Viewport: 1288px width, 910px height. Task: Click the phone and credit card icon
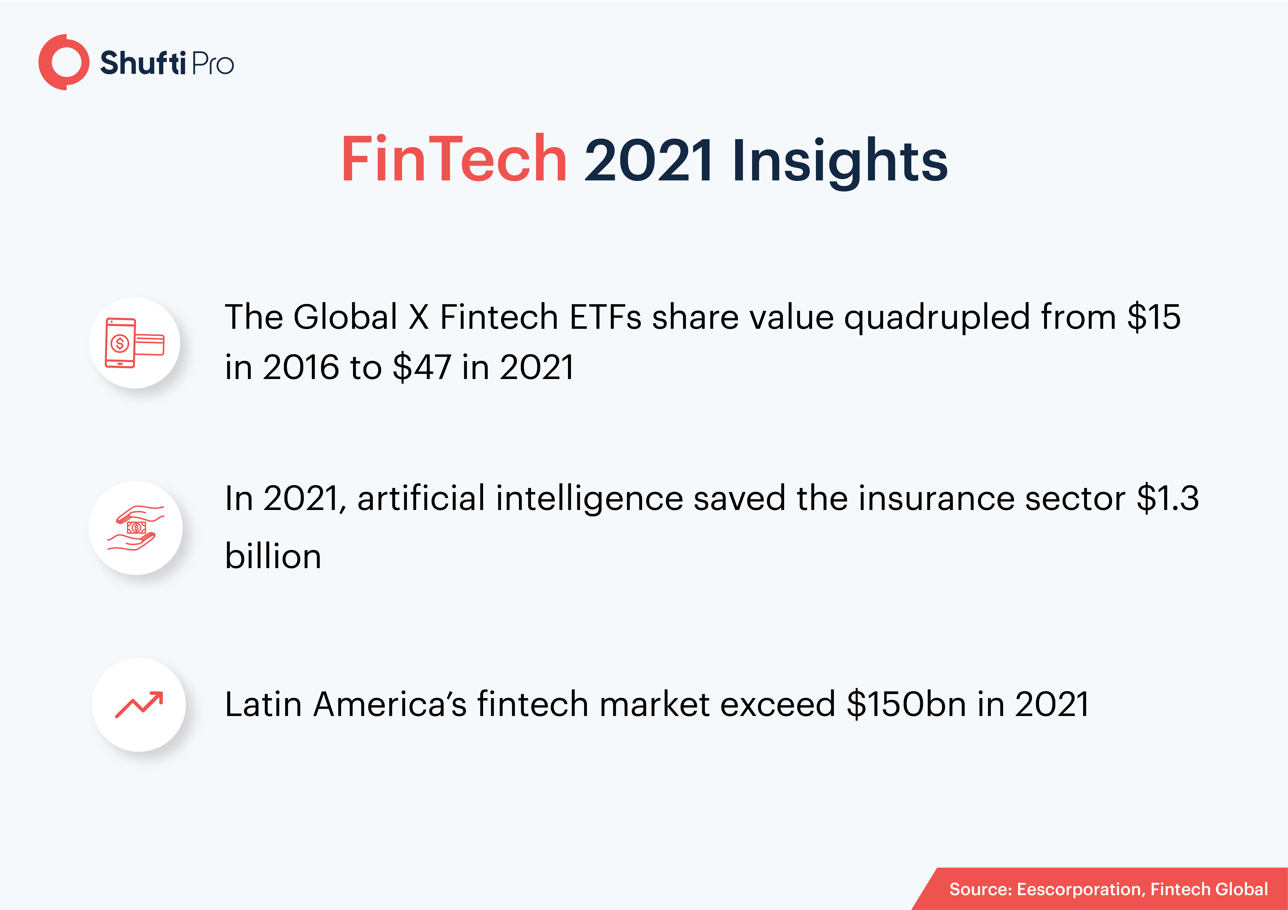[135, 343]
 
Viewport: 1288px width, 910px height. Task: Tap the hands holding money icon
[136, 528]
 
